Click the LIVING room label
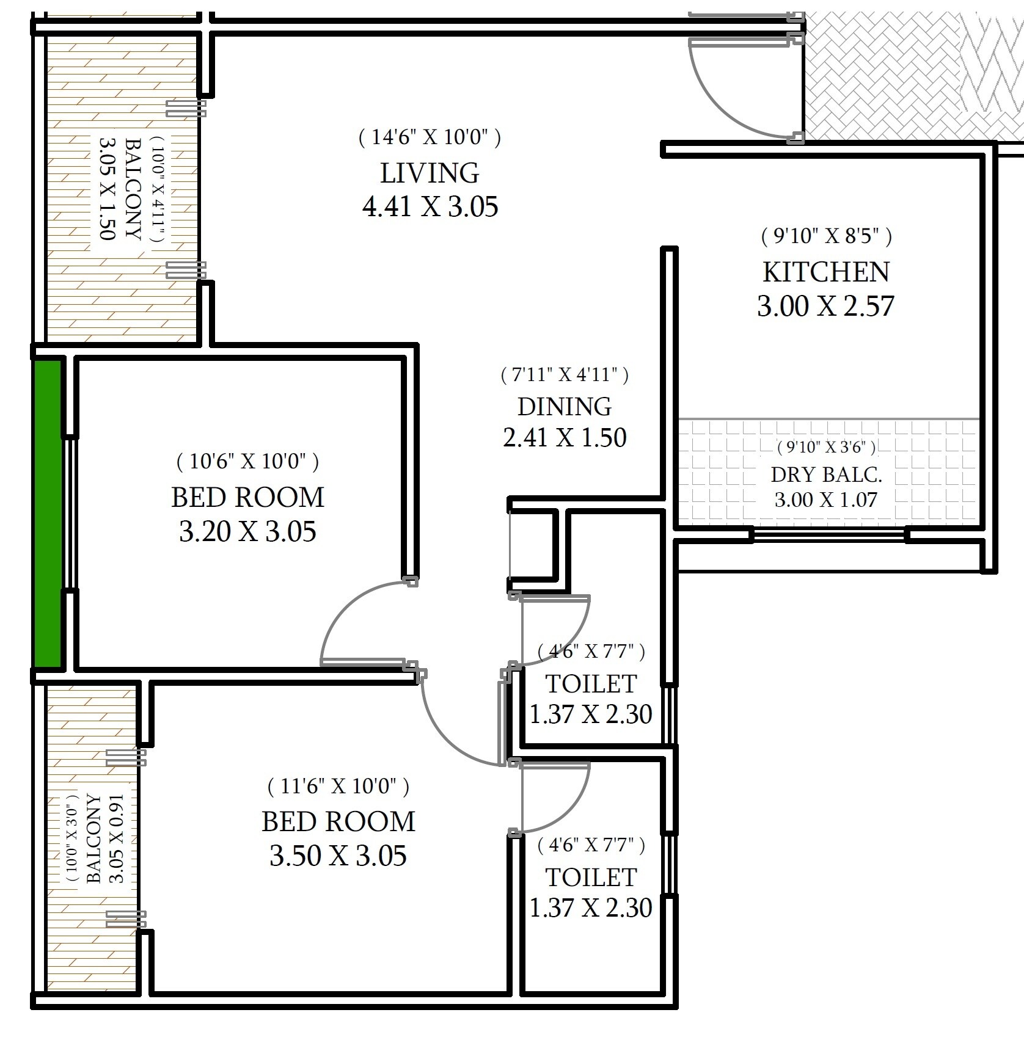point(430,173)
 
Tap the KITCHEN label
point(826,272)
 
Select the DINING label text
point(565,407)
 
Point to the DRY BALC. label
point(826,475)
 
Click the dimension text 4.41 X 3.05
point(430,207)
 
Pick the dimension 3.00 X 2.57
point(826,306)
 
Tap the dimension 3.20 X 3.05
point(247,532)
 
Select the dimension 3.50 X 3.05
point(338,856)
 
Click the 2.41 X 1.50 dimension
point(565,438)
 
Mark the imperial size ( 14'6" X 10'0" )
point(430,137)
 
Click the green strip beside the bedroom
point(48,513)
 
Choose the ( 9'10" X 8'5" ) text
point(826,236)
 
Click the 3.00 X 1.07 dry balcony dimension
point(826,500)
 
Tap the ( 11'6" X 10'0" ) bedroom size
point(338,787)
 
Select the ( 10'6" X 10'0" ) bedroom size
point(247,462)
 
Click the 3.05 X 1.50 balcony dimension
point(107,189)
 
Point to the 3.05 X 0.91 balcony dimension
point(115,838)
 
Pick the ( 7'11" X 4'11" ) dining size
point(565,374)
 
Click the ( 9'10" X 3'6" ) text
point(826,448)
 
